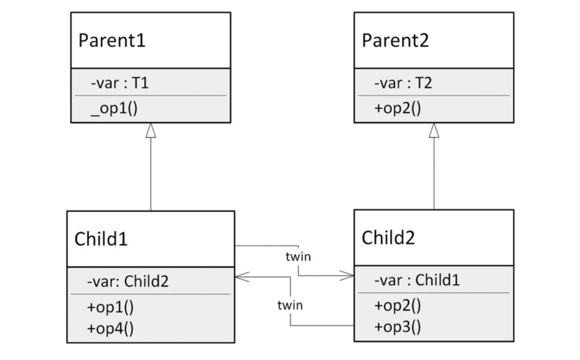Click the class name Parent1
[x=112, y=40]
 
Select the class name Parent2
[x=395, y=40]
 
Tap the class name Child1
[x=101, y=239]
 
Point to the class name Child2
[x=388, y=237]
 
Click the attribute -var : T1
[x=120, y=83]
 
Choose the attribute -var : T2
[x=403, y=83]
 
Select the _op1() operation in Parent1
[x=114, y=109]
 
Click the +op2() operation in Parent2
[x=398, y=108]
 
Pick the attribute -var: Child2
[x=128, y=281]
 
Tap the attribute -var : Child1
[x=417, y=280]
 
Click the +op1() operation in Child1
[x=110, y=307]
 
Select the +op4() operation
[x=110, y=328]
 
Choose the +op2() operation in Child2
[x=398, y=305]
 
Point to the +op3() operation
[x=398, y=327]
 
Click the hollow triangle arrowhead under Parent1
[x=151, y=130]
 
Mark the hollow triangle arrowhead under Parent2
[x=434, y=130]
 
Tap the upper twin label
[x=298, y=257]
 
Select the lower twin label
[x=290, y=305]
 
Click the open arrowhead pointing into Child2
[x=347, y=276]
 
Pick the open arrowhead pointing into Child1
[x=242, y=277]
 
